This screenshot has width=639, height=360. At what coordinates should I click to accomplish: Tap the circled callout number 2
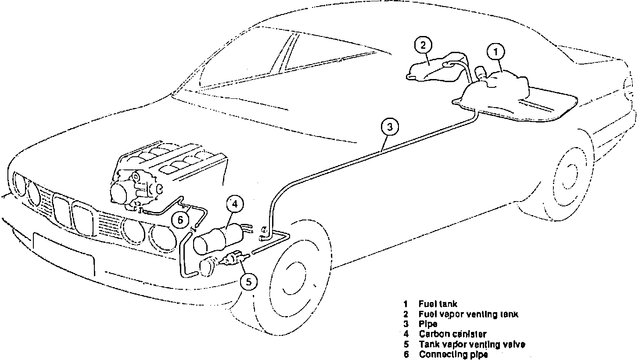tap(423, 45)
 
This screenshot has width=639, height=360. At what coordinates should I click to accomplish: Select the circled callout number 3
tap(390, 127)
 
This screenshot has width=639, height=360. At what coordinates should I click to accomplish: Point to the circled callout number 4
tap(235, 204)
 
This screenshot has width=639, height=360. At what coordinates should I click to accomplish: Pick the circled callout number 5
tap(249, 282)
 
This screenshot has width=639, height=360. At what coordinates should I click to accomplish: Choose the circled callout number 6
tap(180, 220)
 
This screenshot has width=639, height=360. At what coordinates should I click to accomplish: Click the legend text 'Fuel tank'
tap(438, 304)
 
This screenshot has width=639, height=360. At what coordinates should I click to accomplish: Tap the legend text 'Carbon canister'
tap(452, 334)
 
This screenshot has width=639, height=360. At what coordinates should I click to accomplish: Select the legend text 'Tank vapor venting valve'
tap(472, 344)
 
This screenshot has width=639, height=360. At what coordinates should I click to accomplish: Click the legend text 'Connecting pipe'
tap(453, 354)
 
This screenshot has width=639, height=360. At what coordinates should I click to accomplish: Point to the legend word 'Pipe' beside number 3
tap(428, 324)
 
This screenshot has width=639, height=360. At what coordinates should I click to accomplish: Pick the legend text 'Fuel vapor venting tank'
tap(468, 314)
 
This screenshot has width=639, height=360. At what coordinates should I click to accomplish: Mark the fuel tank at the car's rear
tap(496, 94)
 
